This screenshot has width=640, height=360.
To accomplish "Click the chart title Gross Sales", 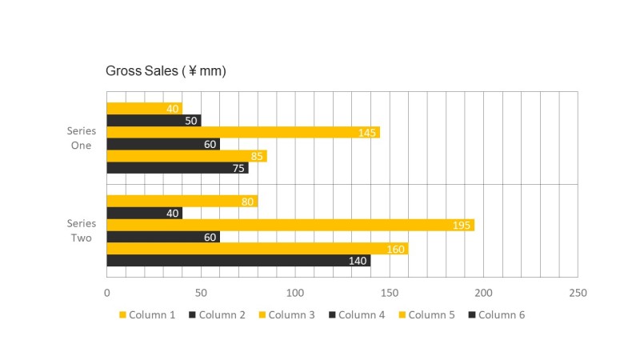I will pyautogui.click(x=166, y=71).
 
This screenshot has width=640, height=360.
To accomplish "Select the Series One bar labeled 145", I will pyautogui.click(x=242, y=132).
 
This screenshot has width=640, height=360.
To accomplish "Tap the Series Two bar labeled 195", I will pyautogui.click(x=290, y=225).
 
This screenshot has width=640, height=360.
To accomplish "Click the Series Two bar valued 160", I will pyautogui.click(x=257, y=249).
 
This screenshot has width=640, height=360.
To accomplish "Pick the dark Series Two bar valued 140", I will pyautogui.click(x=238, y=261).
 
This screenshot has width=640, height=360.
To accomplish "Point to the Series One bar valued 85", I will pyautogui.click(x=186, y=156).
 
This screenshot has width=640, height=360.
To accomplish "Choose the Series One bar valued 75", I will pyautogui.click(x=177, y=168).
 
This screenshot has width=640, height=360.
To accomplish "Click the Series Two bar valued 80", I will pyautogui.click(x=182, y=202).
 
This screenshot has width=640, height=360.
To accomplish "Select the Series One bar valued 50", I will pyautogui.click(x=154, y=121).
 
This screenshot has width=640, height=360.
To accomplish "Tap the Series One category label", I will pyautogui.click(x=81, y=138).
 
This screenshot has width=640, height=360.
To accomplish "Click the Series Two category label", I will pyautogui.click(x=81, y=230).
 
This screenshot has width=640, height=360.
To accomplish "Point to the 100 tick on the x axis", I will pyautogui.click(x=295, y=293).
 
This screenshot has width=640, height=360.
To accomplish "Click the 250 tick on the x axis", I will pyautogui.click(x=578, y=293).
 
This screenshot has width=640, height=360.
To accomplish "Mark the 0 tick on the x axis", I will pyautogui.click(x=107, y=293).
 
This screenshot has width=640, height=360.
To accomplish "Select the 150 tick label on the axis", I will pyautogui.click(x=390, y=293).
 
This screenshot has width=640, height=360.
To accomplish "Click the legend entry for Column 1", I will pyautogui.click(x=148, y=314).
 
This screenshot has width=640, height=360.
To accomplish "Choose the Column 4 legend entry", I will pyautogui.click(x=356, y=314).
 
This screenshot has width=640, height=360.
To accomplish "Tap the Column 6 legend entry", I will pyautogui.click(x=496, y=314).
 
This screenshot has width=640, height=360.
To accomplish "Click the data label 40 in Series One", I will pyautogui.click(x=172, y=109).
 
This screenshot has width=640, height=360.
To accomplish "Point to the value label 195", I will pyautogui.click(x=462, y=226).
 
